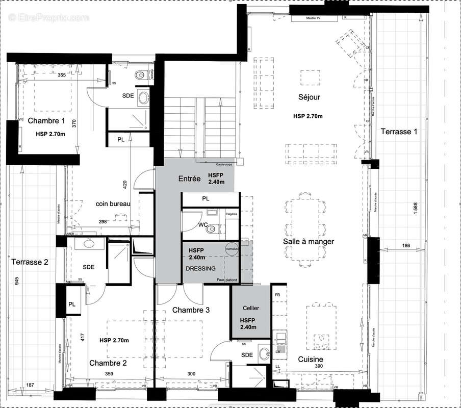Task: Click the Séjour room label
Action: [x=309, y=97]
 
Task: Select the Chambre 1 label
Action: [x=46, y=121]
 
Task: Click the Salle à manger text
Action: [x=309, y=241]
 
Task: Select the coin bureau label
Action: [x=113, y=203]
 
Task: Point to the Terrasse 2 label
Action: [x=30, y=262]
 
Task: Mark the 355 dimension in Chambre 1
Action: [x=62, y=75]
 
